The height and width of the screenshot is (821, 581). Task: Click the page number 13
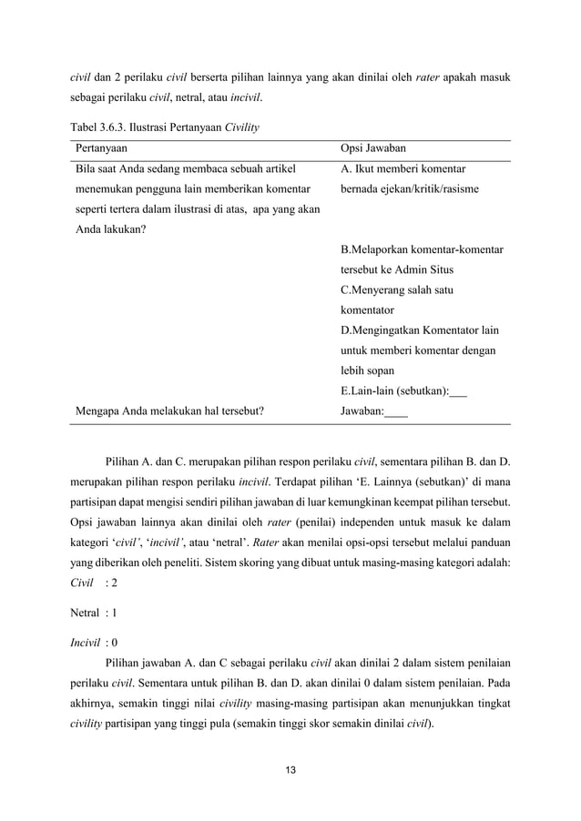290,774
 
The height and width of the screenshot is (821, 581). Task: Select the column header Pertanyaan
102,148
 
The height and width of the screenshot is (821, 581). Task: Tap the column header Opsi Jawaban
373,148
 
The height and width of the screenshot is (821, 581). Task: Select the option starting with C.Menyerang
397,289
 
